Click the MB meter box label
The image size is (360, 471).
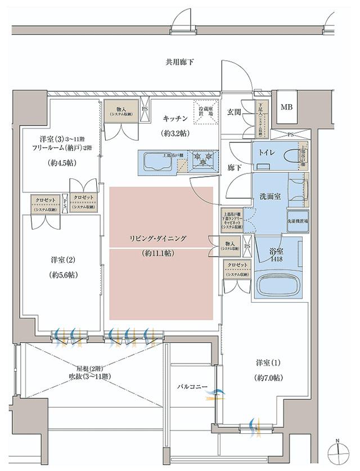pyautogui.click(x=287, y=107)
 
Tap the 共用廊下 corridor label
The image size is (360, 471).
pyautogui.click(x=179, y=62)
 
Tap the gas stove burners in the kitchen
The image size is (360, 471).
pyautogui.click(x=201, y=158)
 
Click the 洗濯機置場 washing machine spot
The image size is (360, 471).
pyautogui.click(x=298, y=221)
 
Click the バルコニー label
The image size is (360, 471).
pyautogui.click(x=193, y=387)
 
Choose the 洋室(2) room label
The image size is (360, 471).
pyautogui.click(x=63, y=260)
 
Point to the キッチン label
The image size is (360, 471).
pyautogui.click(x=175, y=118)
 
